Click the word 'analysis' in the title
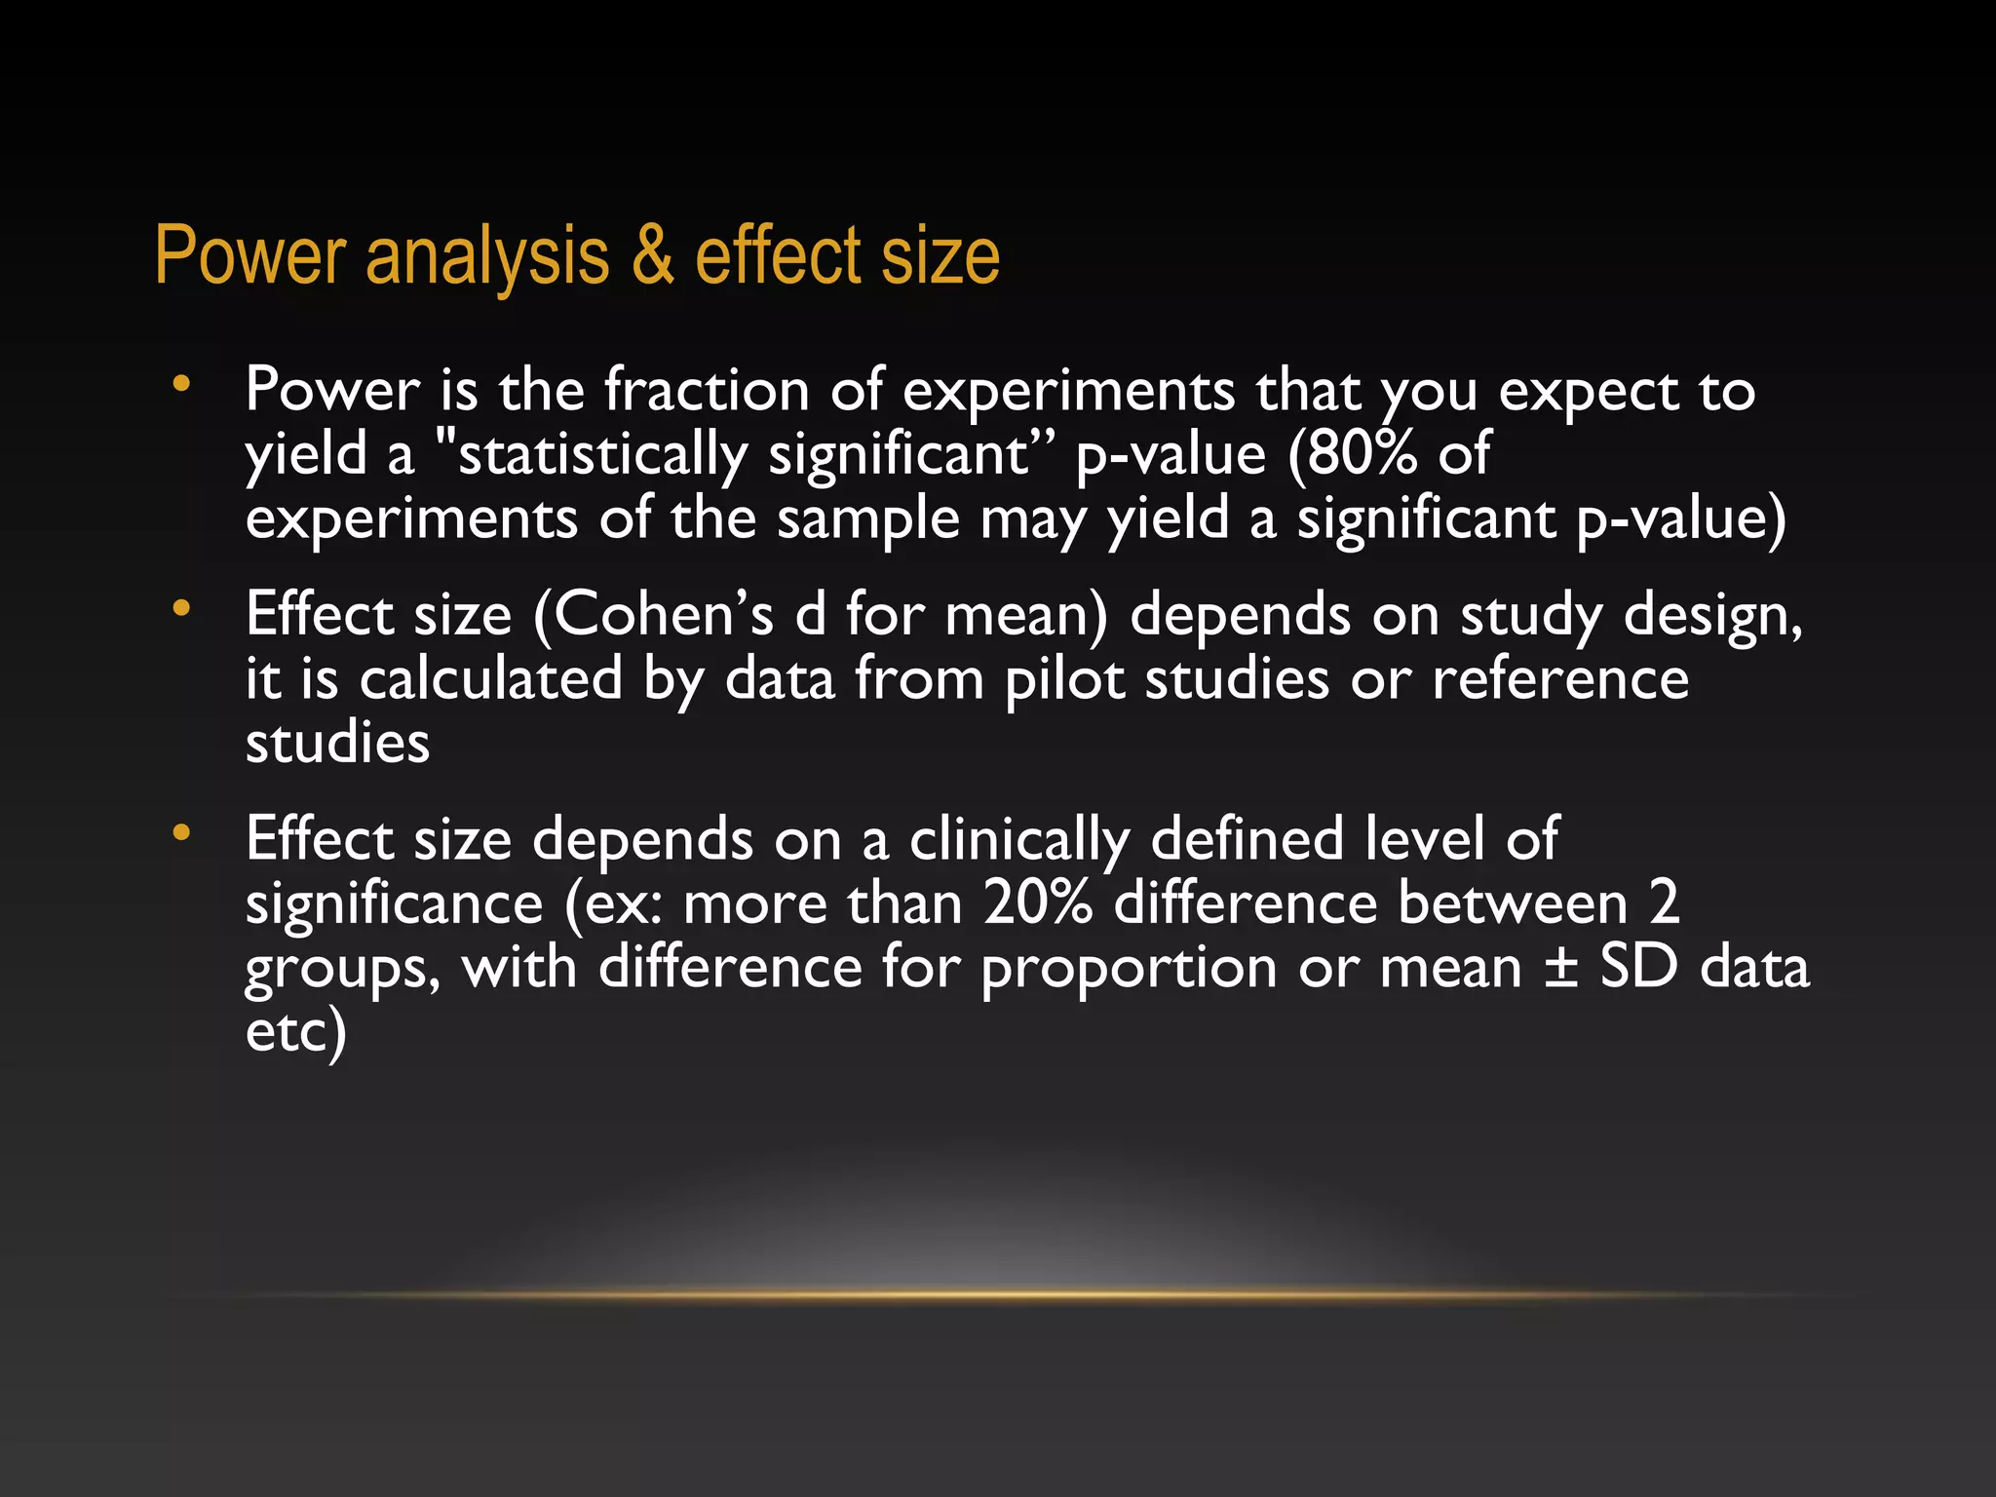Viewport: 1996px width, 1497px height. coord(487,257)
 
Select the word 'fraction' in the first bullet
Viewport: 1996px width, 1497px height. coord(708,390)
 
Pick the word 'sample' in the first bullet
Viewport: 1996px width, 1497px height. coord(868,519)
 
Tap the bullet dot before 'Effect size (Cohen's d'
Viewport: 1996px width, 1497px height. coord(180,609)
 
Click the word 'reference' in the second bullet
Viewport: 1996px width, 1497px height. coord(1560,679)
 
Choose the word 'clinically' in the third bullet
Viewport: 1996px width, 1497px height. coord(1019,840)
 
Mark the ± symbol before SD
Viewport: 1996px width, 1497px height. coord(1561,968)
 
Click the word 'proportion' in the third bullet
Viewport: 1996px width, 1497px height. coord(1130,970)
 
